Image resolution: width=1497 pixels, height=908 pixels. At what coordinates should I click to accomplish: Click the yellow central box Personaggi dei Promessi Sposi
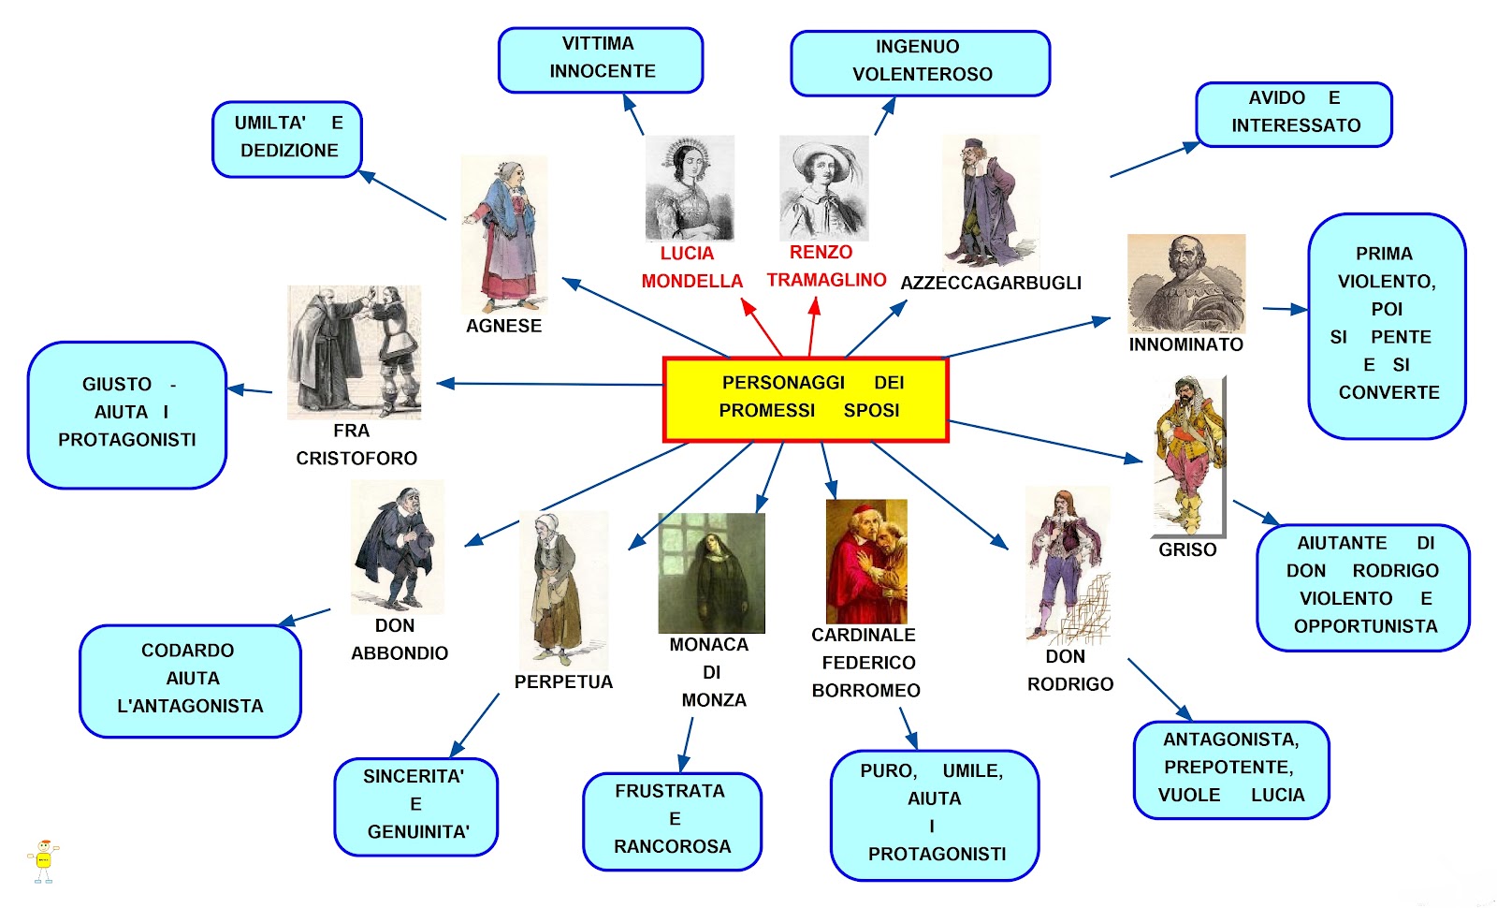pos(806,399)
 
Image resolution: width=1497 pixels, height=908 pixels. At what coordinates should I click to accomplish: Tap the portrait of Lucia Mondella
pos(690,188)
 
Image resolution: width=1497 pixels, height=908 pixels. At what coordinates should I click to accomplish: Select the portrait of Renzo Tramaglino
pos(823,188)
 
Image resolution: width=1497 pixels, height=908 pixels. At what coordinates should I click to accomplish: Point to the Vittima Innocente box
pos(601,59)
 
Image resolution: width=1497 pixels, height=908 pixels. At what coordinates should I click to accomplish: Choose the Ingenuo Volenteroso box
pos(920,63)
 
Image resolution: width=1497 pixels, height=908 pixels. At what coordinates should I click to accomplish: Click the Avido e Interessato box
pos(1294,113)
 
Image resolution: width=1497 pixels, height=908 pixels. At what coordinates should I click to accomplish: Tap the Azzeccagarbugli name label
pos(990,283)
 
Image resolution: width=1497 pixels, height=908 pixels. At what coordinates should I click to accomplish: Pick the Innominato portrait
pos(1185,284)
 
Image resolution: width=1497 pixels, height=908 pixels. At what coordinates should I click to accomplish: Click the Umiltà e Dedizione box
pos(287,139)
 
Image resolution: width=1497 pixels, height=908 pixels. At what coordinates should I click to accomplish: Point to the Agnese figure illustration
pos(504,234)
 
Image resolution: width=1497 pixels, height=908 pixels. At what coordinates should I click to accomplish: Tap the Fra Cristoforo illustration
pos(354,352)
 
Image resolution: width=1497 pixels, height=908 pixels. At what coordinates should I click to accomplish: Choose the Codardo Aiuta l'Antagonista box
pos(190,680)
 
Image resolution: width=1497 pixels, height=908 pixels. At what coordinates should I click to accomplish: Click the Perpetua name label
pos(563,682)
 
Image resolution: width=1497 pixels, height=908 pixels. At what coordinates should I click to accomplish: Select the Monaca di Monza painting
pos(711,573)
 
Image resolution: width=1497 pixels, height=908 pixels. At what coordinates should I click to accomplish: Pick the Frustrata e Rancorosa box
pos(672,820)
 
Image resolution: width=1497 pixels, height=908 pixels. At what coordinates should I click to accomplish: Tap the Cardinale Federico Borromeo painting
pos(866,561)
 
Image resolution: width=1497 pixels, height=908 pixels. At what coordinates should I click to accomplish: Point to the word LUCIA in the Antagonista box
pos(1277,795)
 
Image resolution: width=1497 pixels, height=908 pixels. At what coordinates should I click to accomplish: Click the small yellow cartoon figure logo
pos(43,861)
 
